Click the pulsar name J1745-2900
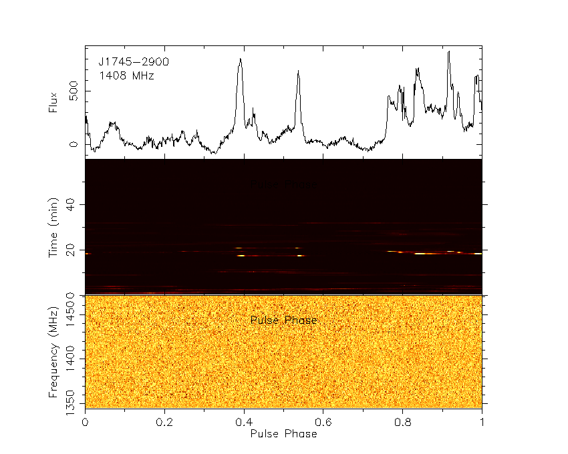[134, 61]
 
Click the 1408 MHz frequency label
[126, 76]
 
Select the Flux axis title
[54, 101]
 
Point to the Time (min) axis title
[54, 227]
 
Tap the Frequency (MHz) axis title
[54, 351]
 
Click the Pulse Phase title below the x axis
[283, 433]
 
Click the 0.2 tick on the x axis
[164, 422]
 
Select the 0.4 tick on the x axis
[244, 422]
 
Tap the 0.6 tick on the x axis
[323, 422]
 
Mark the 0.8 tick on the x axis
[403, 422]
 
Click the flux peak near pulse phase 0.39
[240, 59]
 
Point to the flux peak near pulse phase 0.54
[298, 71]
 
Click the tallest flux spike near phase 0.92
[449, 51]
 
